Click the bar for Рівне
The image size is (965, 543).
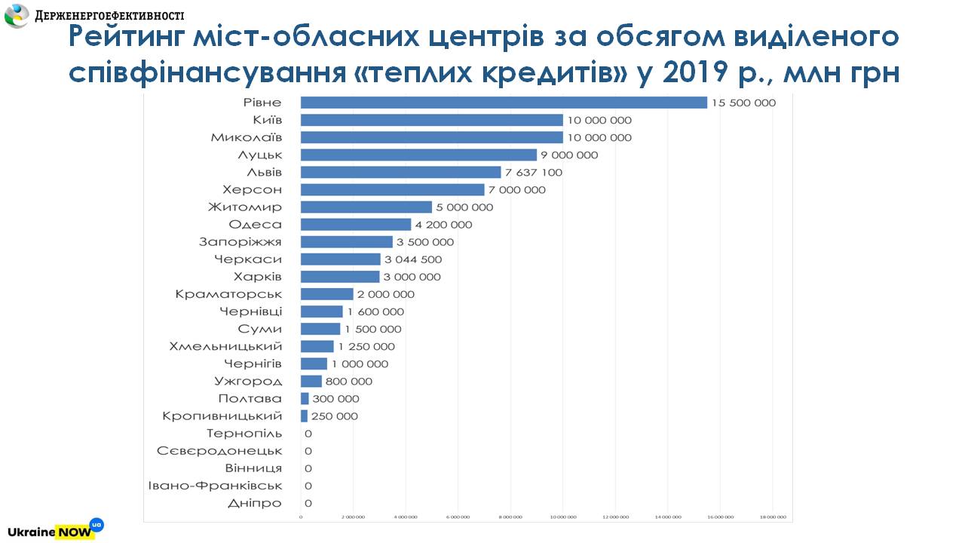point(504,103)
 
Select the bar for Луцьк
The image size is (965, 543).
point(418,155)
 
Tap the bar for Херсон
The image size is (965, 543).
point(392,189)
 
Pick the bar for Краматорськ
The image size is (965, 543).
point(326,294)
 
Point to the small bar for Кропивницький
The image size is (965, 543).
point(304,416)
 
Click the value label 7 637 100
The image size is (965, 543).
point(534,172)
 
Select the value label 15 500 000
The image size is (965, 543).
point(743,103)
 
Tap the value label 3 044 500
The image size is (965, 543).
point(413,259)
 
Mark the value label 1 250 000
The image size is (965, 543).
point(366,346)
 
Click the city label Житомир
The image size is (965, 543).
point(245,207)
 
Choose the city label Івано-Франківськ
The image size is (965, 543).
point(215,486)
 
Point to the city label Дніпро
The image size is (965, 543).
point(255,503)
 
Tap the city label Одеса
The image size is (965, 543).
point(255,224)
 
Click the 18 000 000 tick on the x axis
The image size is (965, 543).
point(772,517)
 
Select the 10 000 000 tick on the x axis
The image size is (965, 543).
point(562,517)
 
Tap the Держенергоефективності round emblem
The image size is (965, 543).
point(16,15)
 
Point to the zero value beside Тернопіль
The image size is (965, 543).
point(308,434)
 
